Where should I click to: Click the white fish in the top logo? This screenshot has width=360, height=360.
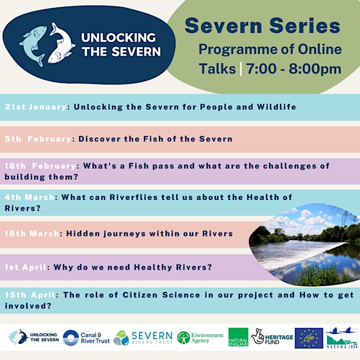click(61, 45)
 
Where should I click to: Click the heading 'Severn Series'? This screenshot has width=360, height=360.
click(262, 25)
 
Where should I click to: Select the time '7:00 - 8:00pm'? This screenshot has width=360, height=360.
click(293, 68)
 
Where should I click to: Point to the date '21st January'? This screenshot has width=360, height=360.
click(36, 107)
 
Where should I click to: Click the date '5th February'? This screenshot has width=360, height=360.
click(38, 139)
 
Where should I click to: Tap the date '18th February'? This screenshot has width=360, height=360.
click(40, 166)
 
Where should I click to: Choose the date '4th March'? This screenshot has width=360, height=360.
click(29, 197)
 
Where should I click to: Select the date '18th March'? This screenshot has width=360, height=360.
click(32, 233)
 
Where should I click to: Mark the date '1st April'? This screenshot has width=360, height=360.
click(25, 267)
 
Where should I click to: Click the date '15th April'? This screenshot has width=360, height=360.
click(30, 295)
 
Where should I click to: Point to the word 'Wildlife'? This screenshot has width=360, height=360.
click(276, 107)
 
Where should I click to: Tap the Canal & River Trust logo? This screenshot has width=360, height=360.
click(86, 337)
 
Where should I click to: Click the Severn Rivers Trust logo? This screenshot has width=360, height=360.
click(143, 337)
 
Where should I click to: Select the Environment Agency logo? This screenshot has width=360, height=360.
click(200, 337)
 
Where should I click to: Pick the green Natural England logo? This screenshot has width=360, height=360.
click(238, 337)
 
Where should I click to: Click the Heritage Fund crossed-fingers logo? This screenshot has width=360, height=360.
click(272, 336)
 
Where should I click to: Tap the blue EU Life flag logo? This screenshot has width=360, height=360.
click(309, 338)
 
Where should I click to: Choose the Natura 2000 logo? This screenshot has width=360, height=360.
click(342, 337)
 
